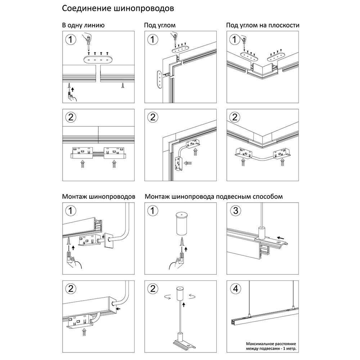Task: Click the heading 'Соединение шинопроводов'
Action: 121,8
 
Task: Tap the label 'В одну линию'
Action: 83,26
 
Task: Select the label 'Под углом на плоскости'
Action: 263,26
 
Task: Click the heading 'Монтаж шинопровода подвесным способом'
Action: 214,197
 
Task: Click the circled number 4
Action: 235,288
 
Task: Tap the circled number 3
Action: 235,211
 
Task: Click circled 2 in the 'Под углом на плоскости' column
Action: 235,117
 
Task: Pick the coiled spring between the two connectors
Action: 98,154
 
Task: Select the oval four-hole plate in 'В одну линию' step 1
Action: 98,60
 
